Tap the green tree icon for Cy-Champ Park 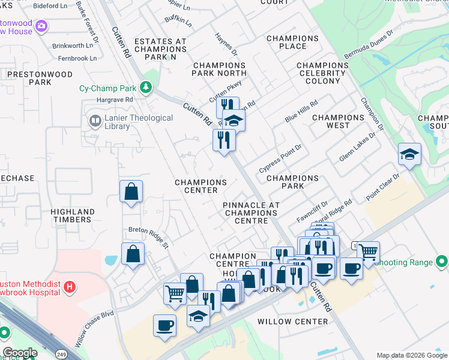click(x=146, y=87)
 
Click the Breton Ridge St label click(x=149, y=233)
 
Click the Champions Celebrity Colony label click(x=322, y=73)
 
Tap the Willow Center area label click(x=292, y=322)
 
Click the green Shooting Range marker click(x=442, y=262)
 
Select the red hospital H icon click(x=70, y=287)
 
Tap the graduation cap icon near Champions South click(x=409, y=155)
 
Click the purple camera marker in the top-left click(x=41, y=26)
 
